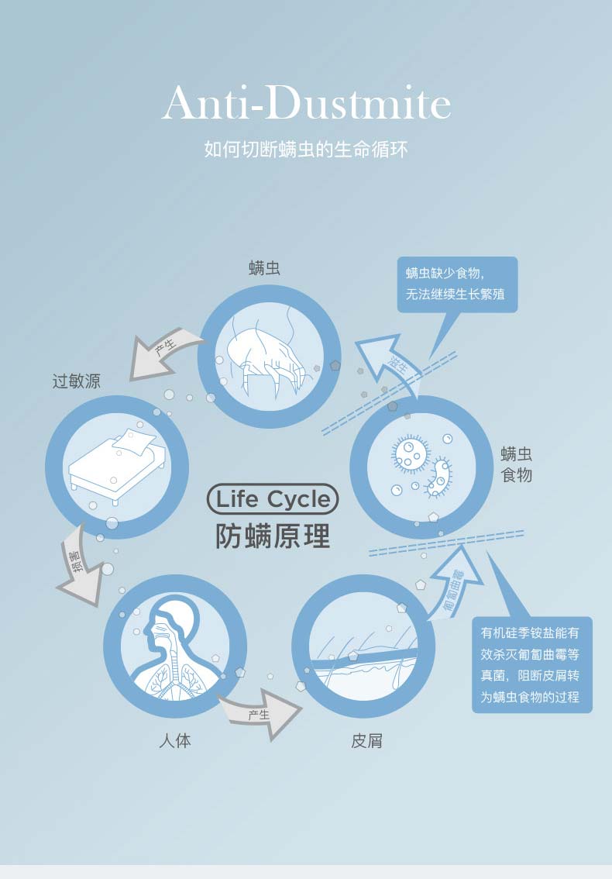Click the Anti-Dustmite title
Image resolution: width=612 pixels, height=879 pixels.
coord(306,105)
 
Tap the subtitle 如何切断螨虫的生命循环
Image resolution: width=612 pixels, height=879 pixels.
coord(306,149)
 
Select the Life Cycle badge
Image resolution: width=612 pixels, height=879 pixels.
coord(273,500)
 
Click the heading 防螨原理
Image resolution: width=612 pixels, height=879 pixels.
coord(273,536)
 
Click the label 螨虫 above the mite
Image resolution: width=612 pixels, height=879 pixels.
coord(264,268)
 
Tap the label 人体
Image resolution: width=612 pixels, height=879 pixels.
coord(174,741)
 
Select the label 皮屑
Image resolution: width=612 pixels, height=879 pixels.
coord(366,741)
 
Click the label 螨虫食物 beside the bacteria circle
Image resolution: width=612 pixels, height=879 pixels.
coord(517,464)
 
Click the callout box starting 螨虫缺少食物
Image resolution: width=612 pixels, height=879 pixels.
coord(457,284)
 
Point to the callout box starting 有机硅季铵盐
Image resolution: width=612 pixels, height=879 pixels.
coord(531,664)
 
